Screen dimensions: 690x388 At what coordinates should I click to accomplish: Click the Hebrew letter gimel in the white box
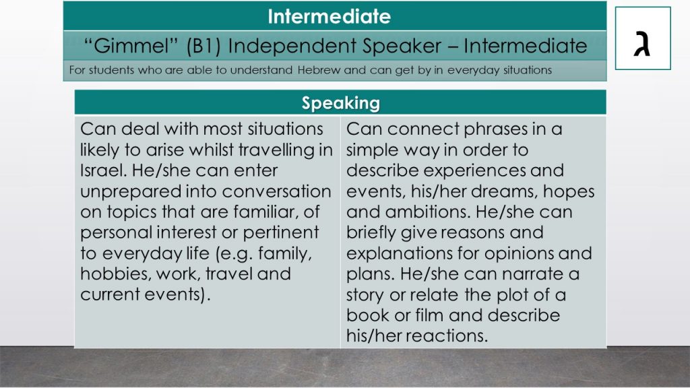[x=642, y=43]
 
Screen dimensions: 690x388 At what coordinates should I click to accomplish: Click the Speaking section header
[x=340, y=103]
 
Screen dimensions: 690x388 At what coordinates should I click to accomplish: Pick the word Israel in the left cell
[x=103, y=170]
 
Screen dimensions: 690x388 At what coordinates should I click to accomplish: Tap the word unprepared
[x=131, y=192]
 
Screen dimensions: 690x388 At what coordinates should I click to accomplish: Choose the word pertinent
[x=281, y=232]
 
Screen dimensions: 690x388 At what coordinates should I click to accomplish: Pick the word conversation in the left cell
[x=276, y=191]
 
